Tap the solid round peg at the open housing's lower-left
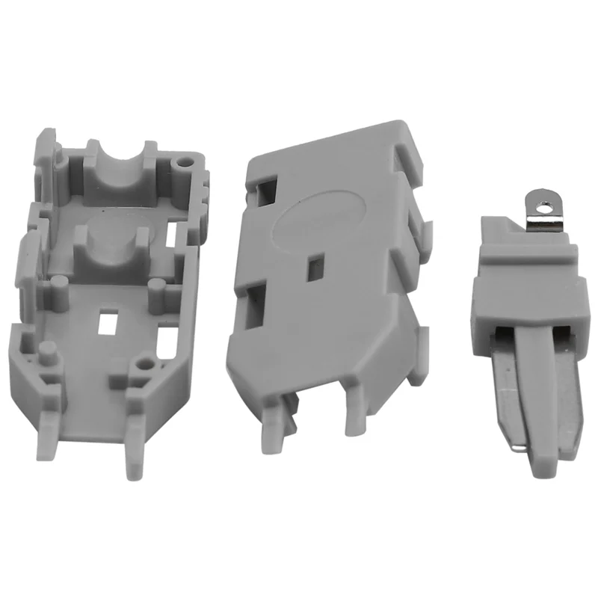tap(46, 351)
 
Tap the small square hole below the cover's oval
tap(315, 263)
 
